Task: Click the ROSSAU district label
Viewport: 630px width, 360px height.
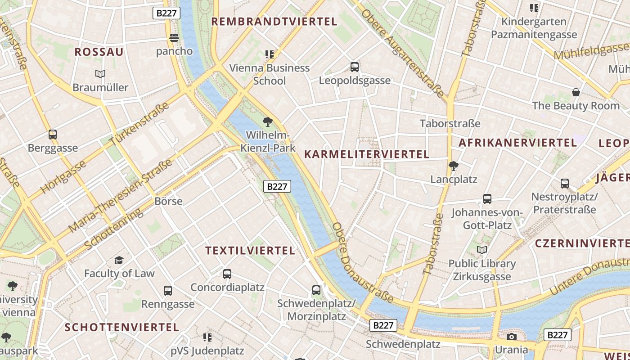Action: click(99, 52)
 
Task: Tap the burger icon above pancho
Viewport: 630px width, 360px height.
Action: click(174, 37)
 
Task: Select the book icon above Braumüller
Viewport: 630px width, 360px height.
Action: click(100, 74)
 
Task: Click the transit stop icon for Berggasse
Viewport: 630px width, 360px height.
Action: click(53, 134)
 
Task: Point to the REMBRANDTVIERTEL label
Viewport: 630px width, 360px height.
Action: click(274, 22)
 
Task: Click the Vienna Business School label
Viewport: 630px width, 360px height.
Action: click(270, 74)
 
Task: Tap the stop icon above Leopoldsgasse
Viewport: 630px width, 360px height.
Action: click(355, 67)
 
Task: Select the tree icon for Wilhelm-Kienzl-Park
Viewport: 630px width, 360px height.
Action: click(268, 121)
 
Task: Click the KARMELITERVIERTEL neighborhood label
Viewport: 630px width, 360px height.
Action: click(367, 154)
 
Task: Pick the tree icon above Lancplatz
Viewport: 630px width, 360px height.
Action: click(454, 166)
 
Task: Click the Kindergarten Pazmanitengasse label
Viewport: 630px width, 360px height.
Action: click(534, 28)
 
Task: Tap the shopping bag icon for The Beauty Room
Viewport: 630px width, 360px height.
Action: click(576, 92)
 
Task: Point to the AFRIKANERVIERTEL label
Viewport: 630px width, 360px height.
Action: click(517, 143)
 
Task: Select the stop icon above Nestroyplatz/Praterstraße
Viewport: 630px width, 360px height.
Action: click(565, 183)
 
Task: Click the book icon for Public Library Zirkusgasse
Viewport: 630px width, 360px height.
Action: click(482, 250)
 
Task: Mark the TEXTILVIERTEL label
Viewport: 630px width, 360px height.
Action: click(250, 251)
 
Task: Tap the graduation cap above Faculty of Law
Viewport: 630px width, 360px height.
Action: click(119, 260)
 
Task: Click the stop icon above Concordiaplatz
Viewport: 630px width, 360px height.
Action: click(227, 274)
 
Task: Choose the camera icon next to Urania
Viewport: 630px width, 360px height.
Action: click(511, 337)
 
